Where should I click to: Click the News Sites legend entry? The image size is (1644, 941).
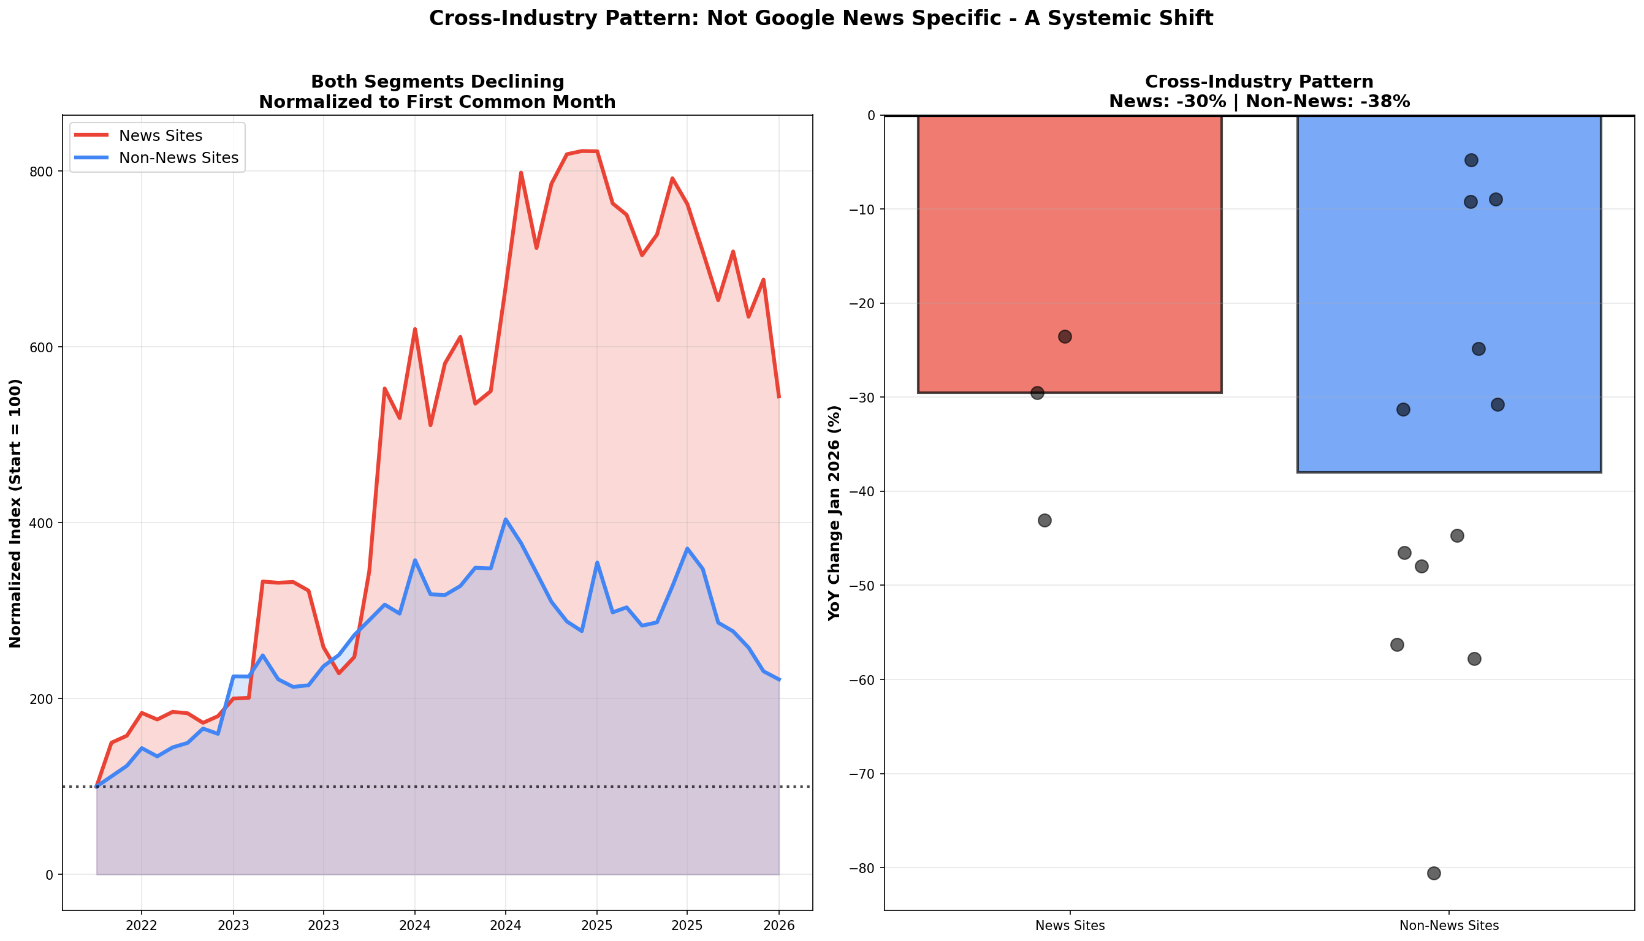pos(160,136)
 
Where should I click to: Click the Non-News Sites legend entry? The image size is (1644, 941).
pos(178,157)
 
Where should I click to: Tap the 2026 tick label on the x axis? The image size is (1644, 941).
pos(778,926)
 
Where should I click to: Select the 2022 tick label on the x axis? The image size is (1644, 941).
pos(141,926)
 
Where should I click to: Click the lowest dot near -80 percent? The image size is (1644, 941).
pos(1433,873)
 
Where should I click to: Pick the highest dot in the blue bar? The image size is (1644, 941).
pos(1471,161)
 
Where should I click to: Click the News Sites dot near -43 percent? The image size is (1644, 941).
pos(1044,520)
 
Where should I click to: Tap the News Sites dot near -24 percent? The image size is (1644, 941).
pos(1064,337)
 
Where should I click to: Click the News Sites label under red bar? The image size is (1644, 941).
pos(1069,926)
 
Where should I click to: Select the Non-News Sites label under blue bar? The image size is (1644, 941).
pos(1448,926)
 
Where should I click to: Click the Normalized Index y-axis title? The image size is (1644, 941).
pos(15,513)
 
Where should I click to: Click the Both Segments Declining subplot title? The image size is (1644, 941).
pos(437,82)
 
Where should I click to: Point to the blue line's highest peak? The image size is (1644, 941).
pos(505,519)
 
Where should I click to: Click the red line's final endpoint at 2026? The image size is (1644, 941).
pos(778,397)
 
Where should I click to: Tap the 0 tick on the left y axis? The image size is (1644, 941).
pos(49,874)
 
